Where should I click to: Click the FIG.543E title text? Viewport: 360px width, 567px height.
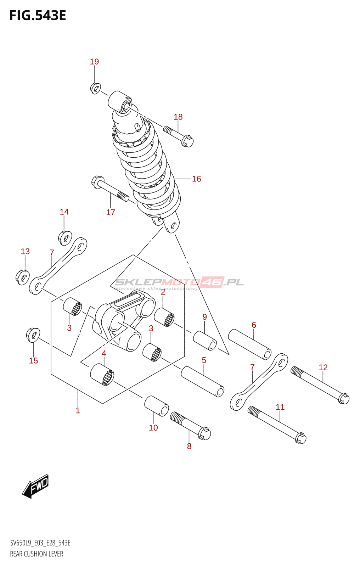click(38, 16)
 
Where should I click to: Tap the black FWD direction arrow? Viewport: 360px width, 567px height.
click(35, 486)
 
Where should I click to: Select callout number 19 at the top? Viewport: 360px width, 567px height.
click(94, 62)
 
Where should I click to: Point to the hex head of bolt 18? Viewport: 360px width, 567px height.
click(188, 141)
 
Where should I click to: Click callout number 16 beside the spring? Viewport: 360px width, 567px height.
click(196, 179)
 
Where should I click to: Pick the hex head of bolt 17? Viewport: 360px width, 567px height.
click(97, 181)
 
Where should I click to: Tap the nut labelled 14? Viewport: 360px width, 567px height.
click(65, 238)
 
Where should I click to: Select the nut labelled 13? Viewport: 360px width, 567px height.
click(23, 277)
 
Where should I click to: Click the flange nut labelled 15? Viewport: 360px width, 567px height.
click(33, 335)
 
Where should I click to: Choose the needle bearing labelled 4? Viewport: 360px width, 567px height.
click(102, 375)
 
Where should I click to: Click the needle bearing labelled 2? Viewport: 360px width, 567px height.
click(164, 317)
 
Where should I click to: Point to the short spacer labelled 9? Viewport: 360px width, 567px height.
click(205, 341)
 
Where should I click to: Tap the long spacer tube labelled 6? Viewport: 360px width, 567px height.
click(249, 344)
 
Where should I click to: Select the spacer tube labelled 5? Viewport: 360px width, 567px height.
click(202, 381)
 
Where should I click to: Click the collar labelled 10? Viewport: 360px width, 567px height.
click(156, 406)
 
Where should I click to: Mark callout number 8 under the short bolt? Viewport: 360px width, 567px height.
click(189, 446)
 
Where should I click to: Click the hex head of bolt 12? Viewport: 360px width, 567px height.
click(343, 398)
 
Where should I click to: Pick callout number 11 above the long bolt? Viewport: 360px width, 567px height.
click(280, 407)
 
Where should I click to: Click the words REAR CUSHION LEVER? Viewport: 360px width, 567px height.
click(36, 554)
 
